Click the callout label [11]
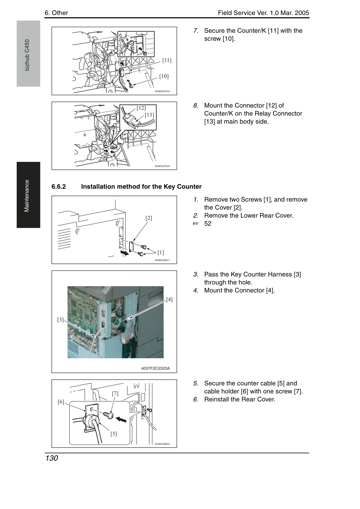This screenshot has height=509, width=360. pos(167,60)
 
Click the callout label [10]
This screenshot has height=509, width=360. pos(164,76)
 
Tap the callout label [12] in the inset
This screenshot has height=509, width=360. pos(141,108)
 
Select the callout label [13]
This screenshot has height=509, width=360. pos(149,115)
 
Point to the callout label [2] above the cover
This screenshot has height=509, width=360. pos(149,218)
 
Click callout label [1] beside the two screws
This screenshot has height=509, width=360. pos(161,252)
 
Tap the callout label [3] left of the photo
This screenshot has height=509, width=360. pos(60,320)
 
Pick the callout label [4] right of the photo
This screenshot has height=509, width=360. pos(169,299)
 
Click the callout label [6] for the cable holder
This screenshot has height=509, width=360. pos(61,402)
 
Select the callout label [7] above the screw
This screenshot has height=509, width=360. pos(115,393)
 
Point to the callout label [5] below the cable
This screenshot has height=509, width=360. pos(114,434)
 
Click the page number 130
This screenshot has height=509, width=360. pos(52,458)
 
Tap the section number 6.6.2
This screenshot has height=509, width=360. pos(58,187)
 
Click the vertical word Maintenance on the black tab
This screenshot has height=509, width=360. pos(26,196)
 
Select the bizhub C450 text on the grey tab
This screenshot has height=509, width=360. pos(27,55)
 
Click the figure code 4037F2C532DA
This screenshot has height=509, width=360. pos(155,368)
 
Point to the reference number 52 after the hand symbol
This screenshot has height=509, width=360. pos(208,224)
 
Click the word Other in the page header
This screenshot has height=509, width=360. pos(60,13)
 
